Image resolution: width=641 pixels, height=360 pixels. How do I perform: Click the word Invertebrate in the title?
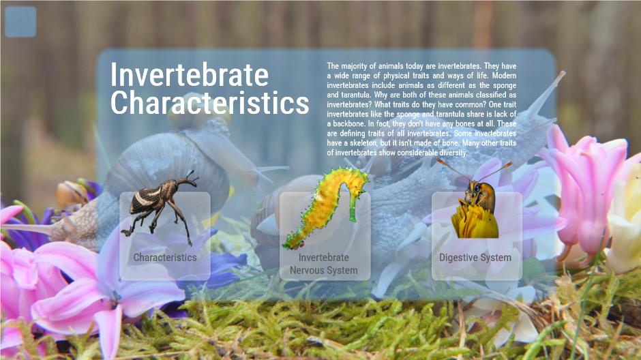tap(190, 75)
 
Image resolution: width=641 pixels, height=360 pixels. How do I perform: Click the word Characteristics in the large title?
tap(210, 102)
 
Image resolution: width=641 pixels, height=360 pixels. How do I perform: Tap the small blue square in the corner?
tap(20, 22)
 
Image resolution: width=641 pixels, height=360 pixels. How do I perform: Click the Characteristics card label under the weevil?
tap(165, 258)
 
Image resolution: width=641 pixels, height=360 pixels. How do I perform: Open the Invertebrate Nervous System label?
tap(324, 264)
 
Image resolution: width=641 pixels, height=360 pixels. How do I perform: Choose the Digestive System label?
tap(475, 258)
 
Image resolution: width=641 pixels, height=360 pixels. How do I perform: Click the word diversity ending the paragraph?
tap(453, 153)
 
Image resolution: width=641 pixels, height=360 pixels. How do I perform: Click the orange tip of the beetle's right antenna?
tap(508, 164)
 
